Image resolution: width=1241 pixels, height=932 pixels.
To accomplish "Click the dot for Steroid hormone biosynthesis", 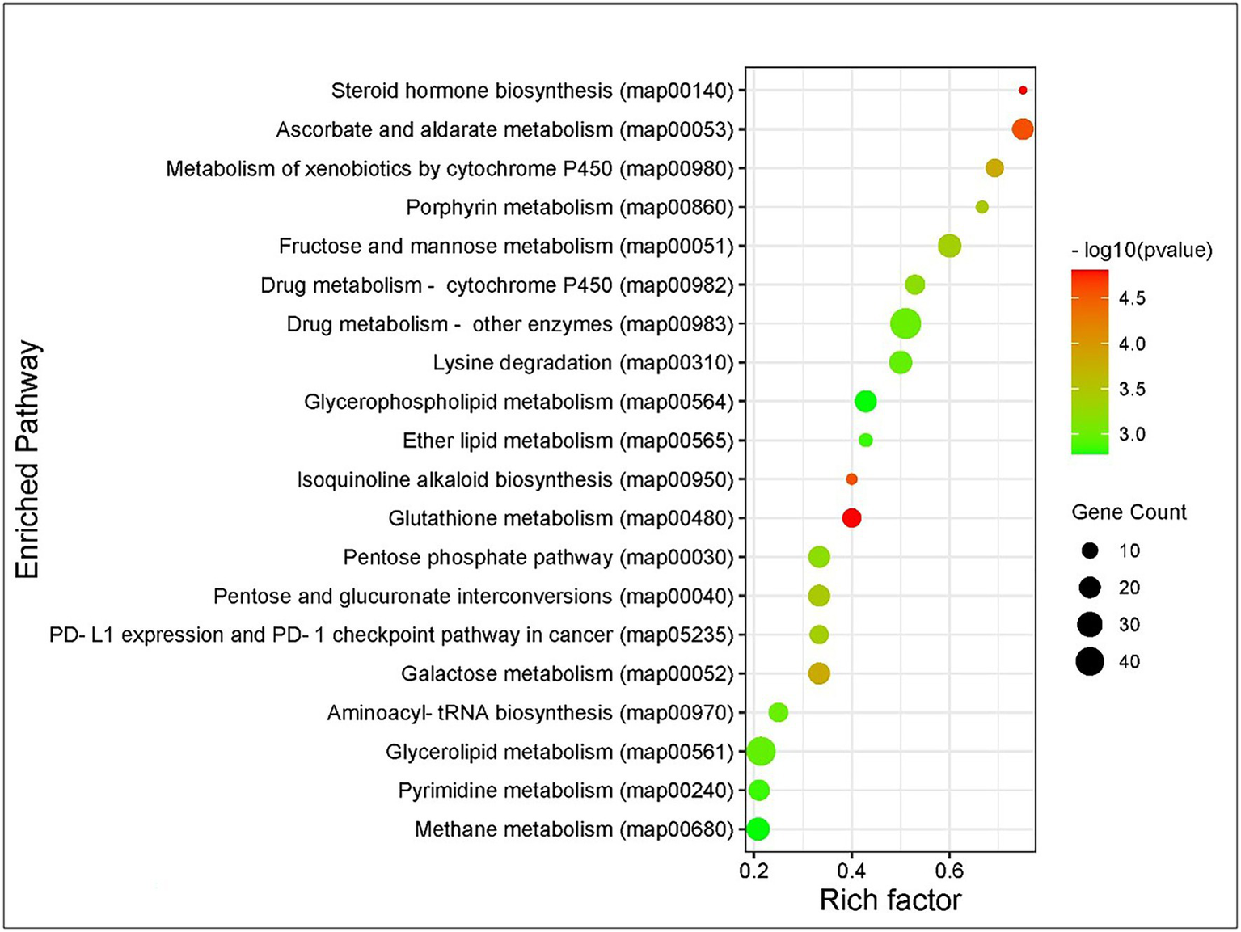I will click(1023, 91).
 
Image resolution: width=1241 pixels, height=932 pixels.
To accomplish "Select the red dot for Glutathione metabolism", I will click(851, 518).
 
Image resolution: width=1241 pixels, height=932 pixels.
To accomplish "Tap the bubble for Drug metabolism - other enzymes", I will click(905, 324).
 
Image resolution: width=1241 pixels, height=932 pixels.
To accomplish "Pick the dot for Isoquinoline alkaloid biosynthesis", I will click(851, 479).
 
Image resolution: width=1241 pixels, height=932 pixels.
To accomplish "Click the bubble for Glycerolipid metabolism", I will click(761, 752).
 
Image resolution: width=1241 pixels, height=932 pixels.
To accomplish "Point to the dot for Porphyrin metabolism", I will click(982, 207).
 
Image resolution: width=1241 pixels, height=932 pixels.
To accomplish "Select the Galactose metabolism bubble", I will click(819, 673).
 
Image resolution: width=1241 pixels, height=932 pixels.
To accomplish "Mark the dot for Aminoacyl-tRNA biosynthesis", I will click(778, 712).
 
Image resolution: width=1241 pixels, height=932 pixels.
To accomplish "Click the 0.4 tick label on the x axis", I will click(851, 871).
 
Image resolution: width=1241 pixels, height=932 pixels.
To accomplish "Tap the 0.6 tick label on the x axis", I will click(949, 871).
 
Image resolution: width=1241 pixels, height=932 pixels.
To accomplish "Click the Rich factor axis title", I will click(890, 900).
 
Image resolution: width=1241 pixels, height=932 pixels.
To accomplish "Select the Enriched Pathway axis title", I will click(27, 459).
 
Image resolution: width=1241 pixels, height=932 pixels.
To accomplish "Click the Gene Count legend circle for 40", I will click(1090, 662).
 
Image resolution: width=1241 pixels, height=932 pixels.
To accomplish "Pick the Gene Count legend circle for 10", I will click(1090, 551).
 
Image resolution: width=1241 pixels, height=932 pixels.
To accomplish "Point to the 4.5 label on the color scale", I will click(1132, 298).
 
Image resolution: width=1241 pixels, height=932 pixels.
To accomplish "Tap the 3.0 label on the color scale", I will click(1132, 435).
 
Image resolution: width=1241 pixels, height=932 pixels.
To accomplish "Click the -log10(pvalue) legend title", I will click(1142, 251).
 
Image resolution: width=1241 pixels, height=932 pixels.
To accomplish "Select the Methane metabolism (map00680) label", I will click(574, 829).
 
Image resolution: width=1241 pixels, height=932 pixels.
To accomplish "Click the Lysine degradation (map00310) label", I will click(583, 363).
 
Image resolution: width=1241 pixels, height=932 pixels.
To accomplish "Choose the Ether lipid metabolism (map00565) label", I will click(568, 441).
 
